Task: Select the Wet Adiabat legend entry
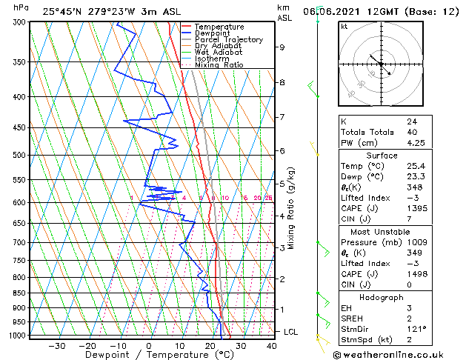coord(218,52)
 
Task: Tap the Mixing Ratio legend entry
coord(219,64)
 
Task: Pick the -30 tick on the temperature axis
coord(56,345)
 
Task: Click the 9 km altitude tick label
coord(282,47)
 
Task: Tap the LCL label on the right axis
coord(290,332)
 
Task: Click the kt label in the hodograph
coord(344,26)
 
